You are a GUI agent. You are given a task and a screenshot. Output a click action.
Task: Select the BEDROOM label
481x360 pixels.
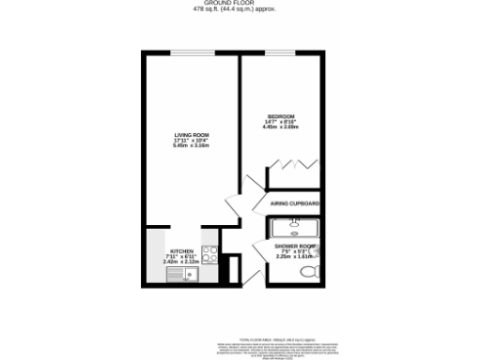click(281, 115)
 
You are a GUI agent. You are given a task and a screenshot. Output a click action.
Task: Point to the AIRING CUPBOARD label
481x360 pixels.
click(294, 203)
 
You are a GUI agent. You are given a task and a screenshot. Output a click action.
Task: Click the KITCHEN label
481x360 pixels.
click(181, 250)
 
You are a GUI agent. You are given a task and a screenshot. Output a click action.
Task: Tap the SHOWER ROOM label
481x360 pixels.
click(292, 246)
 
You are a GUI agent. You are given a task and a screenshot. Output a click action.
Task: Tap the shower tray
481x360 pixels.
click(293, 226)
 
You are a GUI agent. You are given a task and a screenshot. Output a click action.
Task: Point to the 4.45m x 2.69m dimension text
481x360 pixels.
click(281, 127)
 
